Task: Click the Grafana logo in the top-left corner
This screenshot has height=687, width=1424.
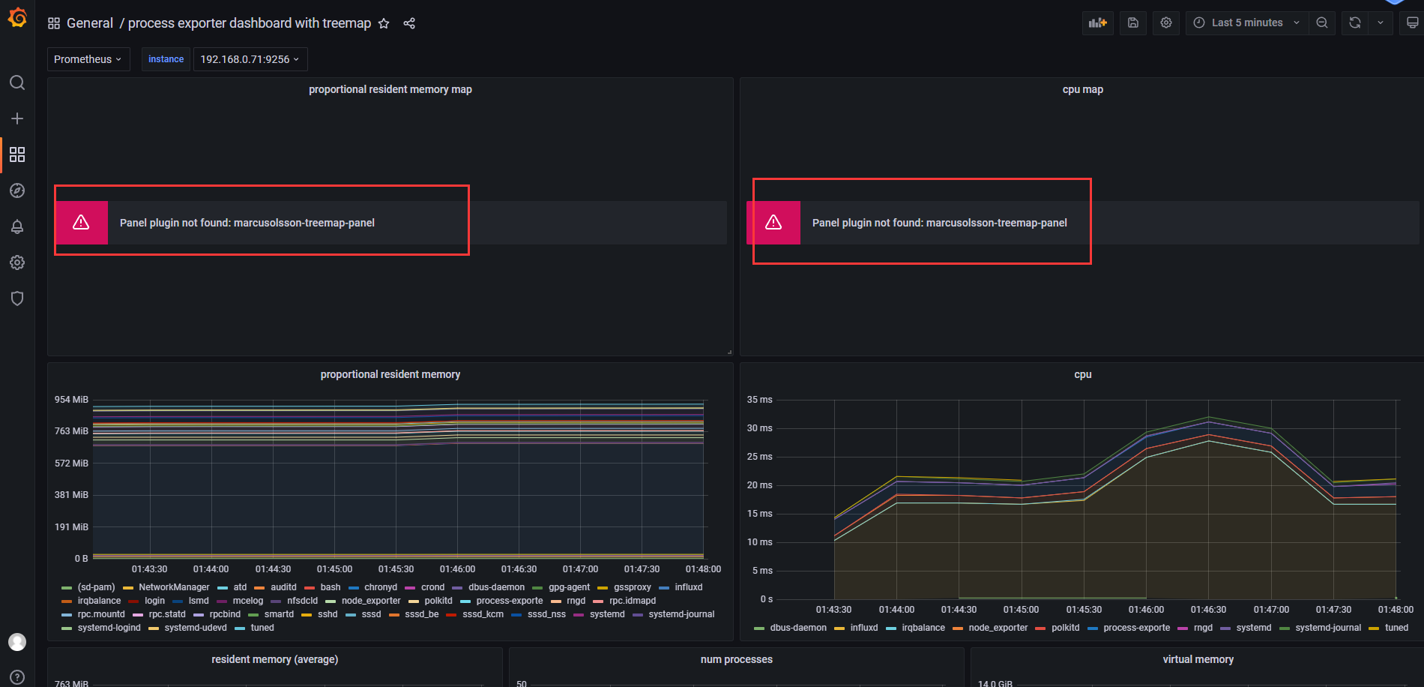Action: (x=17, y=17)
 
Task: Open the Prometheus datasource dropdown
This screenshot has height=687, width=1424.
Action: (x=88, y=59)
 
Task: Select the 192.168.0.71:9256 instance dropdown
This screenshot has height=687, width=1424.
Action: (x=250, y=59)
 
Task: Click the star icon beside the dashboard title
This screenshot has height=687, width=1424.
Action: (x=384, y=23)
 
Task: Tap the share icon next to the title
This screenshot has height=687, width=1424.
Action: (x=409, y=23)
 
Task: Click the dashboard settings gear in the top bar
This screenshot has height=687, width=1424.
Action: (x=1166, y=22)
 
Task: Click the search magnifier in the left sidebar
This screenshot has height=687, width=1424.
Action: (x=17, y=82)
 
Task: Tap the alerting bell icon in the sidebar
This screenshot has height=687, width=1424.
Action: (x=17, y=226)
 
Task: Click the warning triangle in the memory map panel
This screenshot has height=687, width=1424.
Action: (x=81, y=222)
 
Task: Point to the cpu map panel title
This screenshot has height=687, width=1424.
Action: (x=1082, y=89)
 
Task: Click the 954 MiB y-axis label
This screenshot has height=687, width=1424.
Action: (x=71, y=400)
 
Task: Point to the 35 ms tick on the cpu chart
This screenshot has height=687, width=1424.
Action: (x=759, y=400)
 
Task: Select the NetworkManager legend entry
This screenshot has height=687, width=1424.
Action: (x=174, y=587)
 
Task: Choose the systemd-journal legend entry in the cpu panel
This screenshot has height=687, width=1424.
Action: (x=1327, y=628)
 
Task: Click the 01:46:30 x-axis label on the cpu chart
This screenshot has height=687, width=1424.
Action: (x=1208, y=610)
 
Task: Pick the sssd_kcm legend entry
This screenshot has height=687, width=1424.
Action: (x=483, y=614)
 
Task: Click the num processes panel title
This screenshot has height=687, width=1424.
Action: (x=736, y=659)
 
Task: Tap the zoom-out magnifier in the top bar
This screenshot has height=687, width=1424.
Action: (x=1322, y=22)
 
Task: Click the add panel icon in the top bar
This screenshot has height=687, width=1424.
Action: (x=1098, y=22)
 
